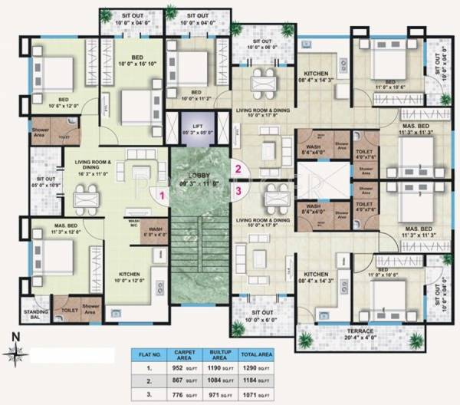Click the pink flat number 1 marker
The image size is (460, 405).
(x=162, y=196)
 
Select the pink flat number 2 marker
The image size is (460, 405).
(x=238, y=170)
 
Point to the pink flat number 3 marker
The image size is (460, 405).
(x=238, y=190)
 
